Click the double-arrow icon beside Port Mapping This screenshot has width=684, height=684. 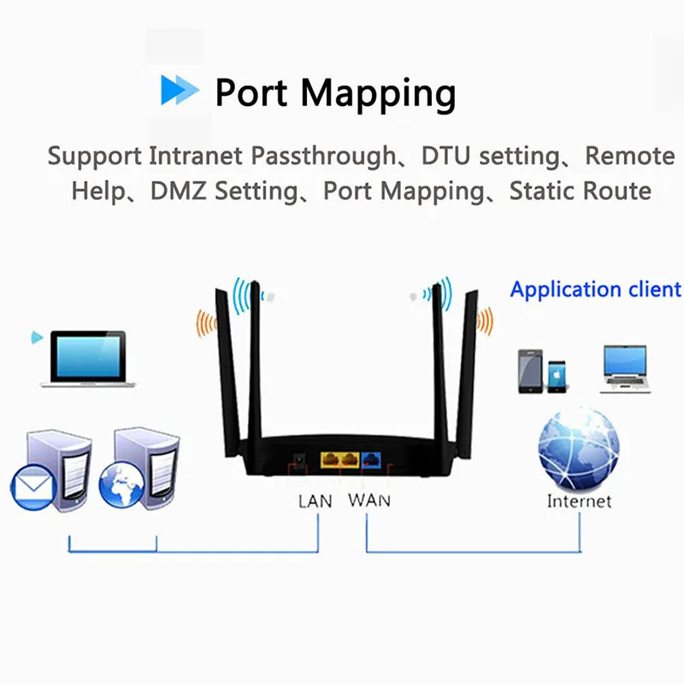(180, 91)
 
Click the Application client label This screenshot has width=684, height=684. (595, 289)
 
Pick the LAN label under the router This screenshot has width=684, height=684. (315, 501)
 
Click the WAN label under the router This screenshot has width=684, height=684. (369, 500)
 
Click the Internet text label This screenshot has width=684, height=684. (579, 501)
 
